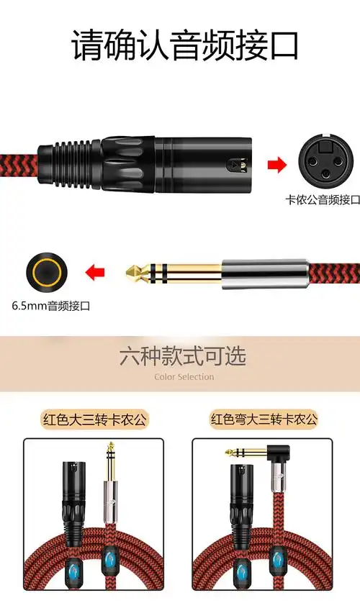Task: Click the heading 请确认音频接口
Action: (184, 46)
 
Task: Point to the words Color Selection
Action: (184, 376)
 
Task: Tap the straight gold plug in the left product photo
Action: (110, 468)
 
